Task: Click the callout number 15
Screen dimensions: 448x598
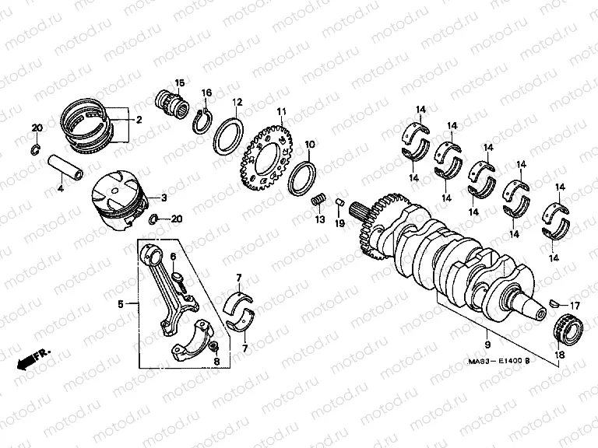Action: coord(179,83)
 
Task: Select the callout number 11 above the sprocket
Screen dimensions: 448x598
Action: coord(281,111)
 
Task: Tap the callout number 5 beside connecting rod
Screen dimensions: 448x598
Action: coord(120,303)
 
